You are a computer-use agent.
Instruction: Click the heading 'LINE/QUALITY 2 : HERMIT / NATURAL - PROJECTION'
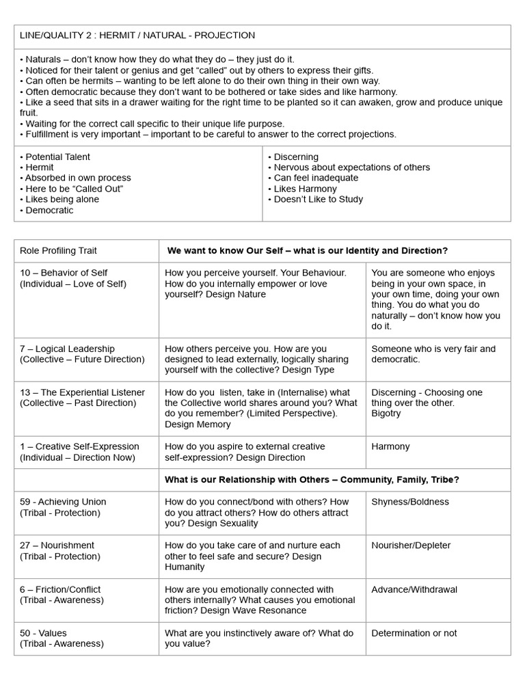point(137,36)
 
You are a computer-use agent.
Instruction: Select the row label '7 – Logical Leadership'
point(67,349)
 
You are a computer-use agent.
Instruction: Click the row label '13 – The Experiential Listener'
point(82,392)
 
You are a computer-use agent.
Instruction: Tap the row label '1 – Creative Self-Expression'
point(79,446)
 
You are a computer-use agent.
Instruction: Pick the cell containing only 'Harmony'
point(390,446)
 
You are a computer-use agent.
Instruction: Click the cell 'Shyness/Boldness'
point(410,502)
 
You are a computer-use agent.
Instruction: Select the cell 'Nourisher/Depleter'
point(411,546)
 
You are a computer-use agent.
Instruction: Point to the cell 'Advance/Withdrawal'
point(414,589)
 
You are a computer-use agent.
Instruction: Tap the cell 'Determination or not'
point(414,633)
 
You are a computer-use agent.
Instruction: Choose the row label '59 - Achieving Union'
point(63,502)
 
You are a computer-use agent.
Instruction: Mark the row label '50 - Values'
point(43,633)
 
